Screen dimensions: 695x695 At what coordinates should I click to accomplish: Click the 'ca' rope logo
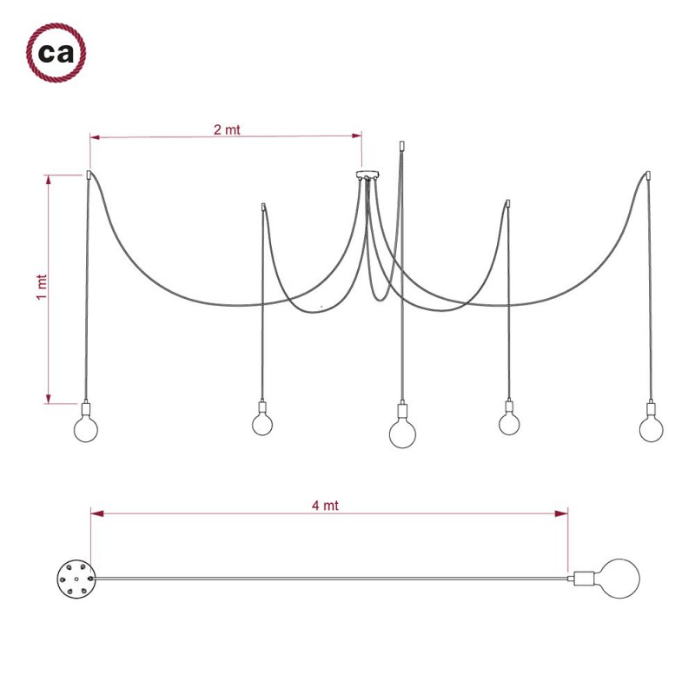(x=55, y=54)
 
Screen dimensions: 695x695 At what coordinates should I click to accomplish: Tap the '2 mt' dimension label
(x=227, y=129)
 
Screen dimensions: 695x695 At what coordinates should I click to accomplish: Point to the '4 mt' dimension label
(x=326, y=506)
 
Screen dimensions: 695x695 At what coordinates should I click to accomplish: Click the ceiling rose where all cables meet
(x=367, y=175)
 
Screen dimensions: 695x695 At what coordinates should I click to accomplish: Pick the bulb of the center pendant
(x=401, y=433)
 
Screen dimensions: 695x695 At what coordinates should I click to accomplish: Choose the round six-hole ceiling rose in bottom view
(x=72, y=577)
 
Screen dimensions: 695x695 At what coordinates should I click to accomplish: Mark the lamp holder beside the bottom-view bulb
(x=581, y=577)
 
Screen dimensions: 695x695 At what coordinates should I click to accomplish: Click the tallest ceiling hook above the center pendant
(x=400, y=147)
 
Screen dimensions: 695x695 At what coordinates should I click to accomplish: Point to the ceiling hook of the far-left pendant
(x=89, y=175)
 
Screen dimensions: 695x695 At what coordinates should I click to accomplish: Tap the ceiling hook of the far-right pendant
(x=646, y=175)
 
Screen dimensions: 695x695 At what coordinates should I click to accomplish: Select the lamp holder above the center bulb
(x=401, y=410)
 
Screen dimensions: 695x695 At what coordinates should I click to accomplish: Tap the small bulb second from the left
(x=262, y=423)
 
